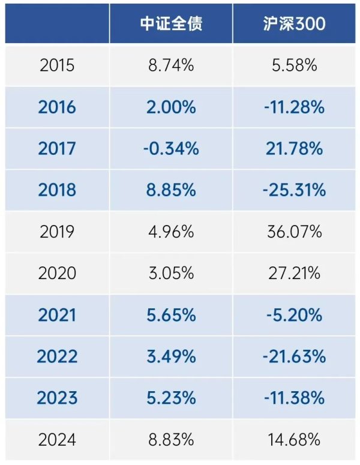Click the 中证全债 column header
[171, 23]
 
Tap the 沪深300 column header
[294, 23]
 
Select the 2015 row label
[57, 65]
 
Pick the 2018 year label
[57, 190]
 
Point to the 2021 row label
[57, 315]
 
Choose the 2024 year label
[57, 440]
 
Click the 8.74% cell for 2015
[171, 65]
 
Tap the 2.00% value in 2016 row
[171, 107]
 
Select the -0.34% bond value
[171, 149]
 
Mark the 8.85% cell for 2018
[171, 190]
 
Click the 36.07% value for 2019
[294, 232]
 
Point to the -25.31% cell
[294, 190]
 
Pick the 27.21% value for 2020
[294, 274]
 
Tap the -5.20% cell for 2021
[294, 315]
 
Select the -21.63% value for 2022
[294, 356]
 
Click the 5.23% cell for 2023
[171, 398]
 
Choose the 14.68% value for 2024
[294, 440]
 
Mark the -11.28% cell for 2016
[294, 107]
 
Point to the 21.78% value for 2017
[294, 149]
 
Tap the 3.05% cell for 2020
[171, 274]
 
